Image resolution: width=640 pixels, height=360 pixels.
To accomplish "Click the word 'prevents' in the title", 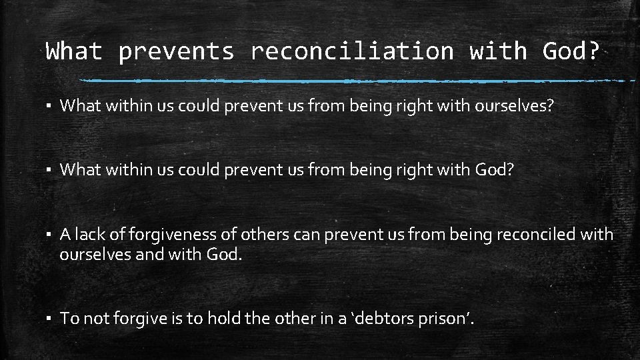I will (176, 51).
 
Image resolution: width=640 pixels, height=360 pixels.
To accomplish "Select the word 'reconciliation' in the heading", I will (351, 51).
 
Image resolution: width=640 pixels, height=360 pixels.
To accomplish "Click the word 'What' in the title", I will (74, 51).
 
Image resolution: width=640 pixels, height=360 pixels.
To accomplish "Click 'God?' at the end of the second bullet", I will (494, 169).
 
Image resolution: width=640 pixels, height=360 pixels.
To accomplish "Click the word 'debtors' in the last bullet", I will (387, 319).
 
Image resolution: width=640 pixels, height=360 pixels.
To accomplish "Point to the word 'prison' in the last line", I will (447, 319).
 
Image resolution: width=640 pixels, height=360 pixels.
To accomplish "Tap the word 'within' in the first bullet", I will (117, 105).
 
